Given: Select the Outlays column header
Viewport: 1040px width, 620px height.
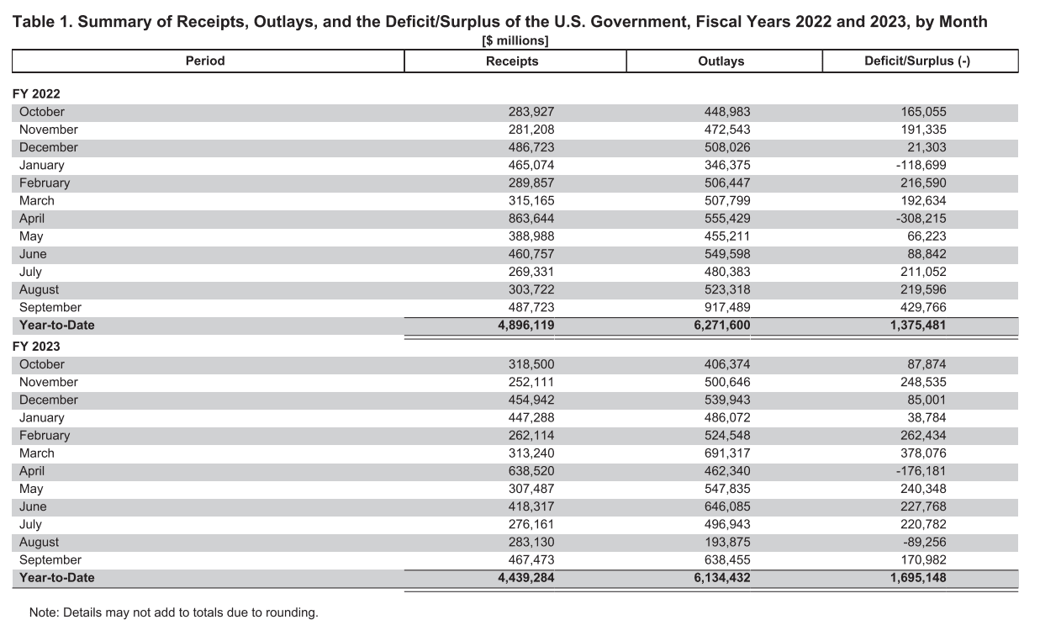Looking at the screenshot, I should [721, 61].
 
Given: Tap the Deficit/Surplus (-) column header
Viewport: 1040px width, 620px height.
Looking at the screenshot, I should [917, 61].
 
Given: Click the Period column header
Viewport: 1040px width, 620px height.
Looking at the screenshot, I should [205, 61].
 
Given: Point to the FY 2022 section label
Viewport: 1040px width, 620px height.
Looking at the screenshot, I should [36, 94].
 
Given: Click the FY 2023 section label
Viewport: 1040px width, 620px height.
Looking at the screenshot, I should [36, 347].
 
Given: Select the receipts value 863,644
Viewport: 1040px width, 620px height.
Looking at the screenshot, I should [531, 219].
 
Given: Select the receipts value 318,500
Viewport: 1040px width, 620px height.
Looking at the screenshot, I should [531, 364].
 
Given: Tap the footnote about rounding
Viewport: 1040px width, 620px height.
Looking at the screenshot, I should [174, 612].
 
